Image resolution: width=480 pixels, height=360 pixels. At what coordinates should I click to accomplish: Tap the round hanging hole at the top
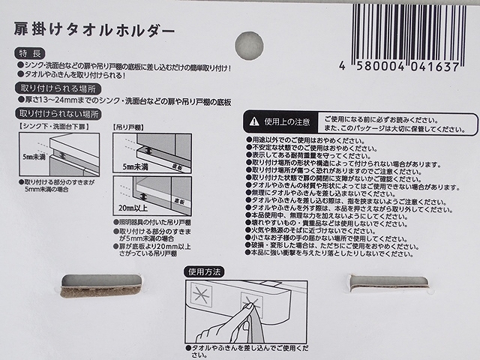[x=250, y=45]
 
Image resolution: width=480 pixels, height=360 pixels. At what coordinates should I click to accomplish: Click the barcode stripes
[x=412, y=30]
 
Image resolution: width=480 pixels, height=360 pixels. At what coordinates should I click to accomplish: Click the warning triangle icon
[x=254, y=121]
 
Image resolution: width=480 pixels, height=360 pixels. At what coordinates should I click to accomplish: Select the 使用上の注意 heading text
[x=287, y=121]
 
